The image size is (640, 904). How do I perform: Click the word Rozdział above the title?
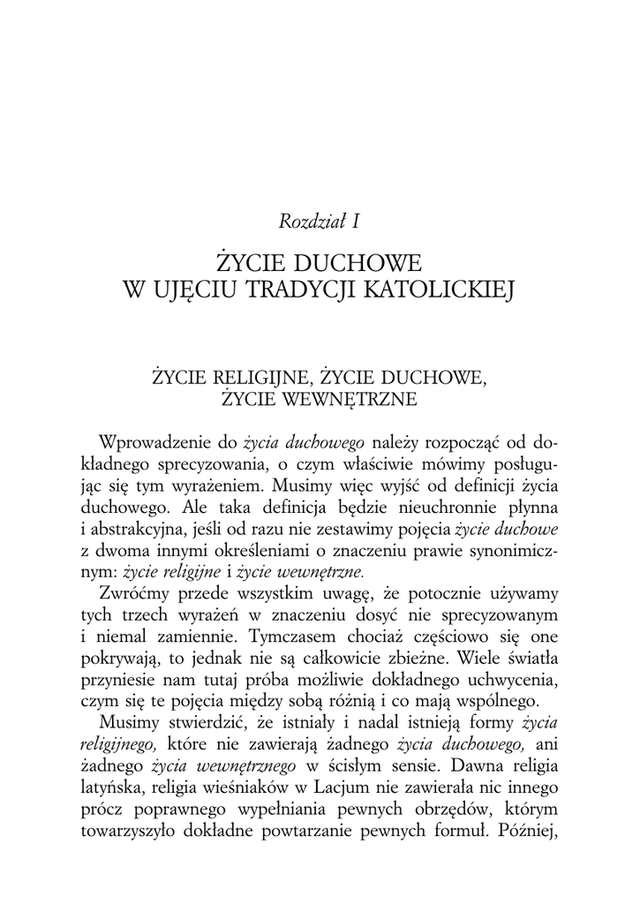point(308,222)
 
